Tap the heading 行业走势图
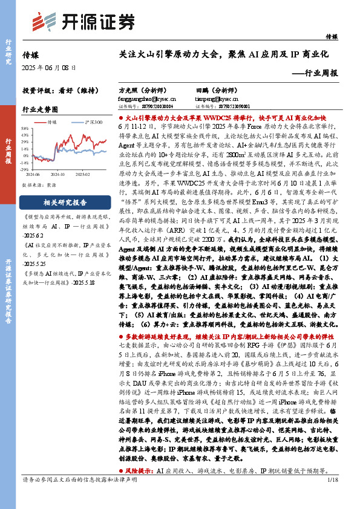click(x=41, y=110)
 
